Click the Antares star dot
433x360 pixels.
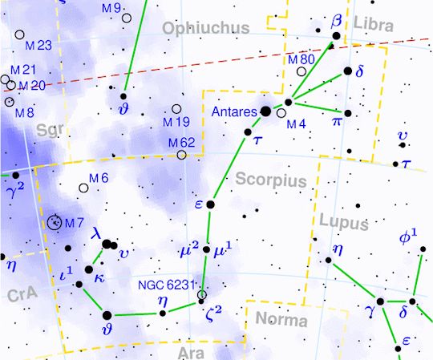tap(265, 111)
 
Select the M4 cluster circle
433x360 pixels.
tap(281, 113)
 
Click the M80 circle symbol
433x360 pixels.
tap(301, 71)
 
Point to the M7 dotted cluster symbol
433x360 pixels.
tap(55, 223)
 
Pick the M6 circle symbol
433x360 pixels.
tap(84, 188)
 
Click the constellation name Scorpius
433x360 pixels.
tap(272, 181)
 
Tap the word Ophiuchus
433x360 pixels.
tap(205, 29)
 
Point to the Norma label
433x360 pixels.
tap(281, 321)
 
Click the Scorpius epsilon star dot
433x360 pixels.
tap(211, 205)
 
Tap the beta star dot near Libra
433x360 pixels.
tap(336, 36)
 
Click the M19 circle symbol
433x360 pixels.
tap(176, 109)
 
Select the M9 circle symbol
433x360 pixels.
tap(127, 18)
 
